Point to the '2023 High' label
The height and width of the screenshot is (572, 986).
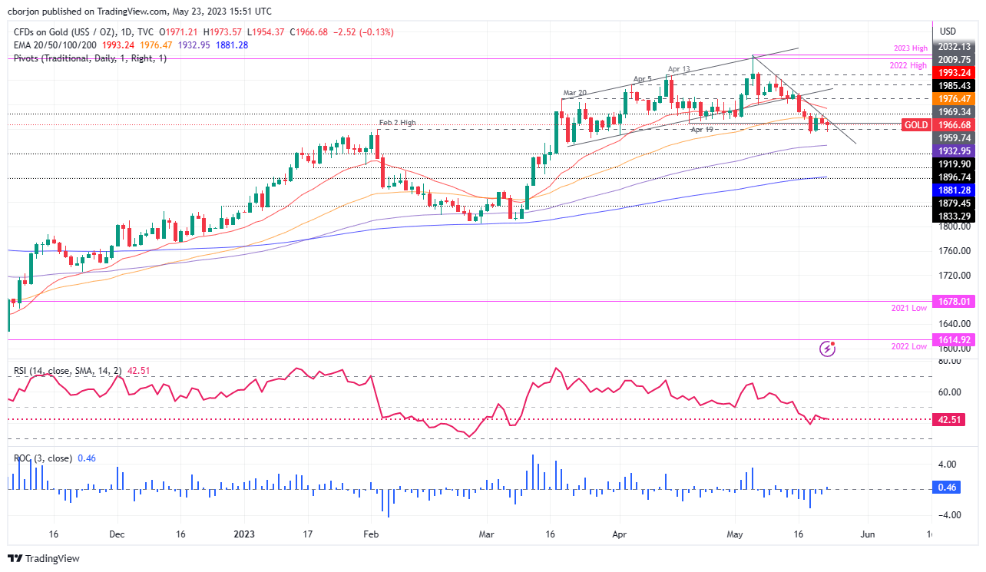point(911,48)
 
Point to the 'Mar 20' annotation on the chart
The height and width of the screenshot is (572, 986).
point(575,93)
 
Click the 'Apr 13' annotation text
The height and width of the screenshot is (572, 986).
point(680,69)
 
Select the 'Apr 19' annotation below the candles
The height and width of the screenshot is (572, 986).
point(703,130)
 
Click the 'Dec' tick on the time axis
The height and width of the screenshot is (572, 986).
point(116,534)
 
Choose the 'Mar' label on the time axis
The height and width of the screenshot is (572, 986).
point(485,534)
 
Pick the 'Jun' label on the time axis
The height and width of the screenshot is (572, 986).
point(868,534)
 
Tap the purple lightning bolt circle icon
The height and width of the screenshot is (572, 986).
point(828,349)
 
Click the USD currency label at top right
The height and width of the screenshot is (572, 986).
point(948,31)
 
